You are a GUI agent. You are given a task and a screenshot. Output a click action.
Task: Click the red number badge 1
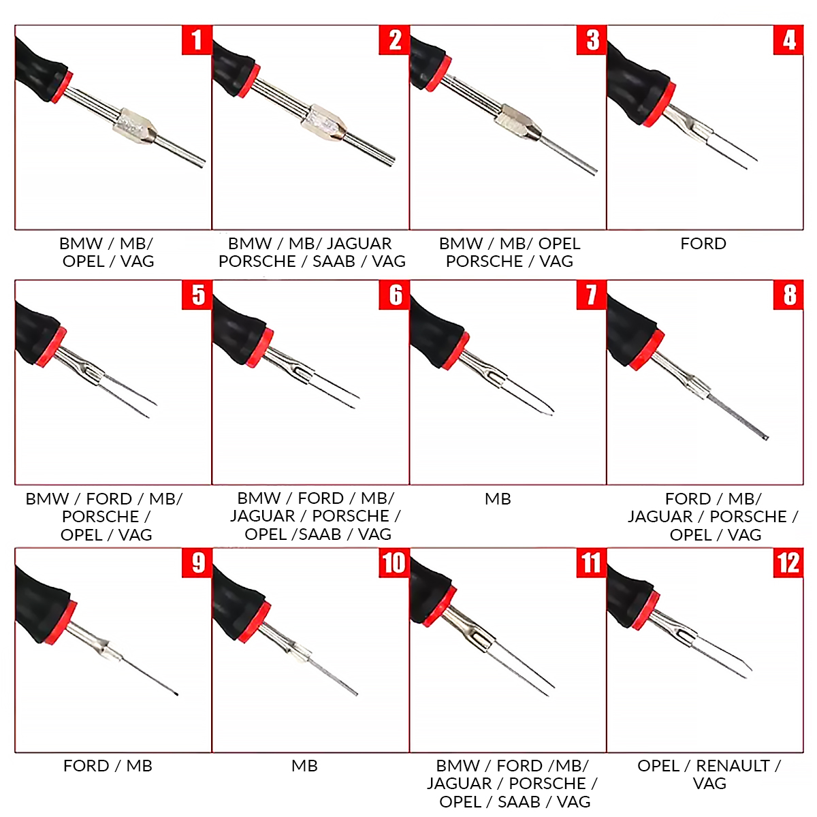pos(197,40)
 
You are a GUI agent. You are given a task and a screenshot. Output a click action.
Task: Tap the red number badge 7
pos(592,295)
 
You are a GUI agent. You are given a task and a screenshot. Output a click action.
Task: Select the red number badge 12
pos(788,562)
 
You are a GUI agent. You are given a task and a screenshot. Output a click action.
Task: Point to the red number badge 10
pos(394,562)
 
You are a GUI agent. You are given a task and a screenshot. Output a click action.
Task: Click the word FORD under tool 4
pos(703,244)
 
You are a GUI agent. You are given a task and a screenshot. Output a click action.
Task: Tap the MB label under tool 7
pos(498,499)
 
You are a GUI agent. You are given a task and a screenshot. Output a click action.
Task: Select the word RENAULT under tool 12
pos(733,766)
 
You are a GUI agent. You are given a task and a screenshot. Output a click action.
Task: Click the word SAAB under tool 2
pos(334,261)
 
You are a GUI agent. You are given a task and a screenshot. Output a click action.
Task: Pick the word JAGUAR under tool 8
pos(660,517)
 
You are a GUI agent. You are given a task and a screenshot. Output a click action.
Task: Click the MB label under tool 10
pos(304,766)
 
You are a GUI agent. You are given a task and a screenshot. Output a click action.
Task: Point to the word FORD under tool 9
pos(86,766)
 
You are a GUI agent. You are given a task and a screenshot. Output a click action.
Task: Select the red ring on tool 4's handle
pos(658,104)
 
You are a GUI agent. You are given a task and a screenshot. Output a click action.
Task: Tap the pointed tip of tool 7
pos(551,411)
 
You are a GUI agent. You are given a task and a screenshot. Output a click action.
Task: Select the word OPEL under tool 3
pos(559,244)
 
